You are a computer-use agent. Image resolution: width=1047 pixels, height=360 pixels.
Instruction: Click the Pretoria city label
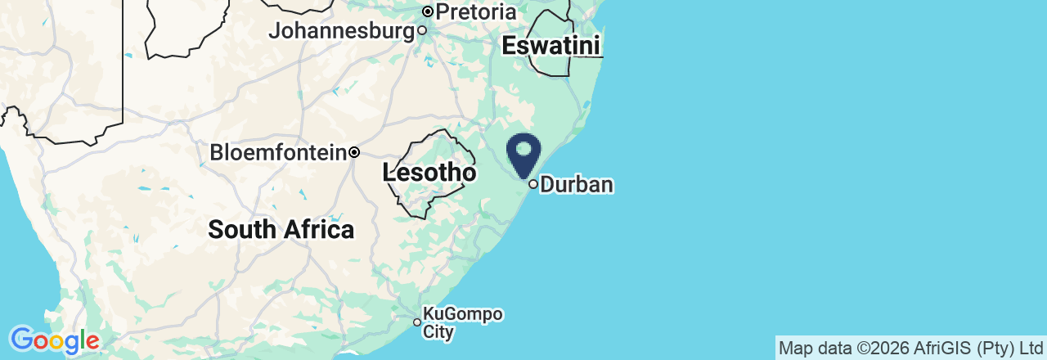click(x=476, y=12)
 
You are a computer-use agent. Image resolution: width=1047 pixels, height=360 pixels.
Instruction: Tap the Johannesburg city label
click(x=342, y=31)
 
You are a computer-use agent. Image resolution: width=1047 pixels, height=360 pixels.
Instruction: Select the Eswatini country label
click(x=551, y=46)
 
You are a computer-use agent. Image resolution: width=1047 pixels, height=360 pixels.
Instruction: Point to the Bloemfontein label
click(x=278, y=152)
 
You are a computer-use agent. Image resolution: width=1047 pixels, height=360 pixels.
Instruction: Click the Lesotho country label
click(x=429, y=173)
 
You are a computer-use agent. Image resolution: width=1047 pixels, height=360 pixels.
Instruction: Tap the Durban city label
click(x=577, y=184)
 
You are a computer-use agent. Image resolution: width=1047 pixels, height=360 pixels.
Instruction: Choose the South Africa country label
click(x=281, y=229)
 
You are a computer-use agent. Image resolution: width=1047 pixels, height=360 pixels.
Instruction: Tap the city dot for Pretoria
click(x=428, y=11)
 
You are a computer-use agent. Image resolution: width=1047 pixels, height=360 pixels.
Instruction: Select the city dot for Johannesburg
click(x=422, y=30)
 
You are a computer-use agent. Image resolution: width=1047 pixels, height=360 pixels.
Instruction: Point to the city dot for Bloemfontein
click(x=354, y=152)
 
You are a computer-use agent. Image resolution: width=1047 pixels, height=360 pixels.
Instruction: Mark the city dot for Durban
click(x=533, y=184)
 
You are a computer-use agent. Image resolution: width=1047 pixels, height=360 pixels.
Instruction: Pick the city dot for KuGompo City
click(x=416, y=322)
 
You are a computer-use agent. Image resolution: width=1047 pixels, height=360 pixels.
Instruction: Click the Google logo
click(x=54, y=340)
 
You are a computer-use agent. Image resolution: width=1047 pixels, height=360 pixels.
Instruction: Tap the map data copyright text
click(x=910, y=349)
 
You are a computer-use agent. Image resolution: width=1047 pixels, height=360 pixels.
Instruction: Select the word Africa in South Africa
click(x=318, y=229)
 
